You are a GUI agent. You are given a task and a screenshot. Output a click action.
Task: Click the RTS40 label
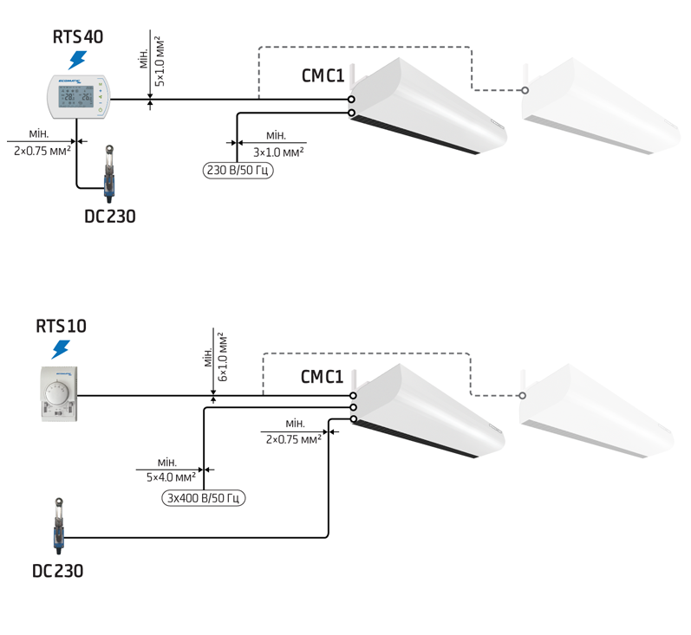click(78, 36)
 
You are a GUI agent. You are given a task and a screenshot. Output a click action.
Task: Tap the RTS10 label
click(61, 326)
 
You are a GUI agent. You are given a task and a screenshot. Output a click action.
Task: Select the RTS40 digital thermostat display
click(76, 96)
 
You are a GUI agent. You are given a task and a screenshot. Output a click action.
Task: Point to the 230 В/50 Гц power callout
click(238, 170)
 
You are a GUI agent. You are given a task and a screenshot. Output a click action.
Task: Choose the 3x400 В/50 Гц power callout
click(203, 498)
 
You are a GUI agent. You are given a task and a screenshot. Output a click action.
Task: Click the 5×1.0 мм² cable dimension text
click(160, 62)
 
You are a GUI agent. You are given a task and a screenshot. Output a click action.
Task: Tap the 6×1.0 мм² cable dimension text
click(223, 357)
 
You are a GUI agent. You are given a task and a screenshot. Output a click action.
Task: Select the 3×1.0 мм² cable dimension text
click(278, 152)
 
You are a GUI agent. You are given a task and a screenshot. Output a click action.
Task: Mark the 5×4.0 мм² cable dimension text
click(171, 477)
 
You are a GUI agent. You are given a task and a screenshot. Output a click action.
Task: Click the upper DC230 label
click(110, 217)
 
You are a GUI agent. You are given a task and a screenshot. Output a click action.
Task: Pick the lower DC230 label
click(58, 571)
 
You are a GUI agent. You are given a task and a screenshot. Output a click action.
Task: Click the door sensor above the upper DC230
click(109, 173)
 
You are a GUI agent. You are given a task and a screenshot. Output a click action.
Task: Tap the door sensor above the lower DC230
click(59, 526)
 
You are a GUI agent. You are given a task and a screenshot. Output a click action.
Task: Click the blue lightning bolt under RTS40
click(77, 60)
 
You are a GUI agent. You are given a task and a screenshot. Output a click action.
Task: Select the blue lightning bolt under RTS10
click(61, 350)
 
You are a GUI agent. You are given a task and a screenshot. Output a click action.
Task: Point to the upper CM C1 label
click(323, 75)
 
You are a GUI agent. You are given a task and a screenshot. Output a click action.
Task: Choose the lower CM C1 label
click(322, 377)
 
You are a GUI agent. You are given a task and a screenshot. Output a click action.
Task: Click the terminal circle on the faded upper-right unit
click(525, 90)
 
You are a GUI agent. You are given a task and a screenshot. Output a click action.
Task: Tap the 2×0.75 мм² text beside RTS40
click(42, 151)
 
